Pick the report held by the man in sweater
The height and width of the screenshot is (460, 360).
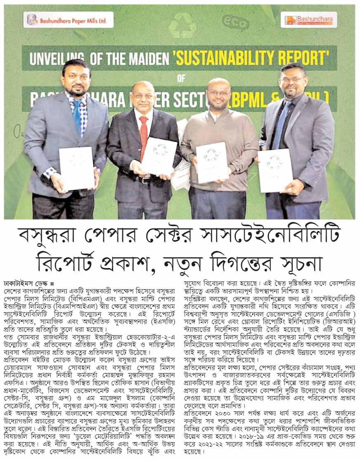212,162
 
